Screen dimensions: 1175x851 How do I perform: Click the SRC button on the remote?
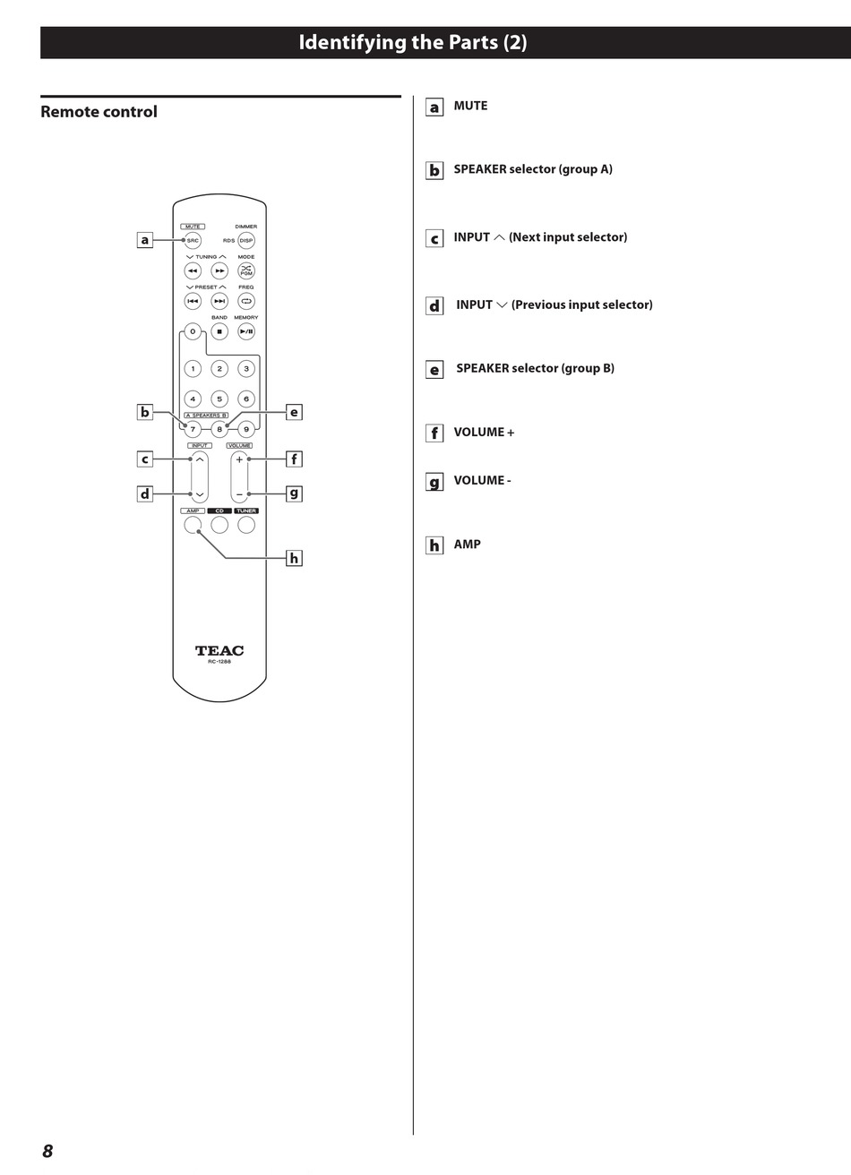click(x=193, y=240)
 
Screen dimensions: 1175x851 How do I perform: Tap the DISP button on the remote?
click(x=246, y=240)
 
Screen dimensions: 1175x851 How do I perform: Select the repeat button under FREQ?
click(x=246, y=301)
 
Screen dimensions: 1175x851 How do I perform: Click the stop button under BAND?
click(x=219, y=331)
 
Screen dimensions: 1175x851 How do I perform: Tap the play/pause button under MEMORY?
click(x=246, y=331)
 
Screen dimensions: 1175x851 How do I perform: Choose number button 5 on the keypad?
click(x=219, y=399)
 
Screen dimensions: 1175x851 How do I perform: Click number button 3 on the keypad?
click(x=246, y=368)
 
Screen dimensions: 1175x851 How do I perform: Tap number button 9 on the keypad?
click(x=246, y=429)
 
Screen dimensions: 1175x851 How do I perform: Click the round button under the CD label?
click(x=219, y=525)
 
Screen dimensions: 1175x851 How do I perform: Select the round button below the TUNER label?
click(x=246, y=525)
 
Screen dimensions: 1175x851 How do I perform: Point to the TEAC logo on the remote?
click(x=219, y=650)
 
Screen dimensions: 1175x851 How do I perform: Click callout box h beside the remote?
click(x=294, y=558)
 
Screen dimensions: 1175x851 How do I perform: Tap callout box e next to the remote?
click(x=294, y=412)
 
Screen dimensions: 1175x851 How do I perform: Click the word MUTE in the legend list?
click(x=470, y=106)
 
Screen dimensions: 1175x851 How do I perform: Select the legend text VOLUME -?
click(x=482, y=480)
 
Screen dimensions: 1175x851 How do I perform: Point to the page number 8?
click(x=47, y=1151)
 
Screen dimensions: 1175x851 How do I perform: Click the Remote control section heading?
click(x=99, y=112)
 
